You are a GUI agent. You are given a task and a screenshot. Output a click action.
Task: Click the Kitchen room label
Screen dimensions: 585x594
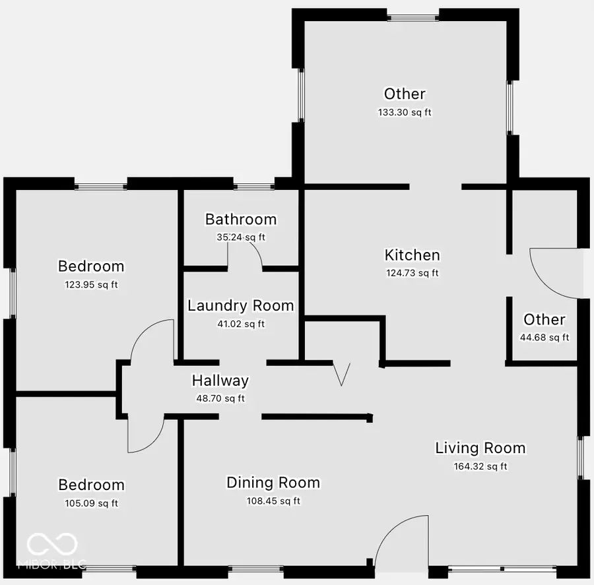(x=412, y=255)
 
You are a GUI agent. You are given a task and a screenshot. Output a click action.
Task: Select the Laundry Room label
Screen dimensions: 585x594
(x=240, y=305)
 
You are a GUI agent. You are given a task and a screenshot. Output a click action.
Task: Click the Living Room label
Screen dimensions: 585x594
(x=480, y=448)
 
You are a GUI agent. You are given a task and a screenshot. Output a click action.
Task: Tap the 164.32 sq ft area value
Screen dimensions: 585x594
(x=480, y=466)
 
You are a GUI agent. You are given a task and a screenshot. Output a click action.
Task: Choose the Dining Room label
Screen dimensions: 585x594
(x=273, y=482)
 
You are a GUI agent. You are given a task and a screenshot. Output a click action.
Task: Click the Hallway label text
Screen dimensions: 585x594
(x=220, y=380)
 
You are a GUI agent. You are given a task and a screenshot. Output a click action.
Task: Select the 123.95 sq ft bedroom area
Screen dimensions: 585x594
(x=91, y=285)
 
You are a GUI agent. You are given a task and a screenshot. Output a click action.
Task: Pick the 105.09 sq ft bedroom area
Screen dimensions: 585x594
(x=91, y=503)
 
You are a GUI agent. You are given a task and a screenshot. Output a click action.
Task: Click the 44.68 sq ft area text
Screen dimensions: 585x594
(x=544, y=338)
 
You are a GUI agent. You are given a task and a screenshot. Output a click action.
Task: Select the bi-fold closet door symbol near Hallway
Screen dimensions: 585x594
(x=342, y=373)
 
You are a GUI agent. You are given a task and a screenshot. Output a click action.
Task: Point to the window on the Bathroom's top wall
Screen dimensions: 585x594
(x=254, y=186)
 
